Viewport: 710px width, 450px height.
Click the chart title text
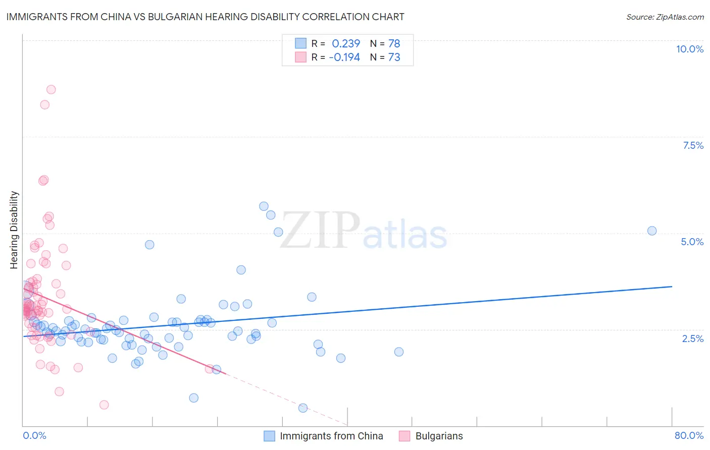pos(205,17)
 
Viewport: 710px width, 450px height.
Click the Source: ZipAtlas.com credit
pos(665,17)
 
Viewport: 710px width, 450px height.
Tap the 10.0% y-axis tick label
pos(689,49)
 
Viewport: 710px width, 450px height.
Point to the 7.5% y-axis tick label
pos(693,145)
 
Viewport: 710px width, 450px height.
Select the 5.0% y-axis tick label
pos(692,242)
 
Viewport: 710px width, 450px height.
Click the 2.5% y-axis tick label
pos(692,339)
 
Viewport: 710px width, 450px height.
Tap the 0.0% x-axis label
pos(34,435)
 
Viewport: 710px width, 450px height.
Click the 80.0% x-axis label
pos(689,435)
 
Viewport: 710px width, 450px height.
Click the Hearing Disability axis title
pos(14,230)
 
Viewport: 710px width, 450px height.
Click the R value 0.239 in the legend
pos(346,44)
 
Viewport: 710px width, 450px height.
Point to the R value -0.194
pos(344,58)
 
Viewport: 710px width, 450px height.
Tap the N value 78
pos(394,44)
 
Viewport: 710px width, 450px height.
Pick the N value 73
pos(394,58)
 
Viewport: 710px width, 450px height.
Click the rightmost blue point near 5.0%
pos(652,231)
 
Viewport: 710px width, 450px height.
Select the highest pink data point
pos(51,89)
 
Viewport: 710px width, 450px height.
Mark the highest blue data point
pos(264,206)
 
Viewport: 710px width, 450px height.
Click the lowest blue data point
pos(303,408)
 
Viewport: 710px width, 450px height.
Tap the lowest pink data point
pos(104,405)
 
